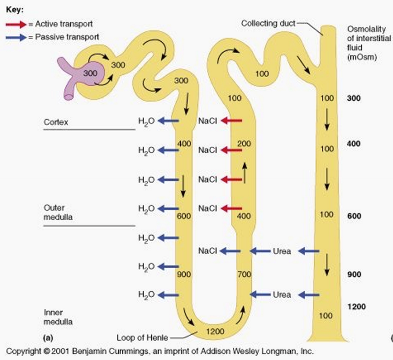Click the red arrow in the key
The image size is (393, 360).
tap(16, 24)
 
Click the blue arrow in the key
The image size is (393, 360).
tap(16, 38)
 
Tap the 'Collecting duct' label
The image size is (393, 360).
tap(268, 23)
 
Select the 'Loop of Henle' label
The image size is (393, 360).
tap(142, 338)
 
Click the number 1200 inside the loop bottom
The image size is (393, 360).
tap(215, 331)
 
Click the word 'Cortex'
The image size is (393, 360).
tap(56, 122)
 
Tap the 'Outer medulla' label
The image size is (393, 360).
tap(58, 212)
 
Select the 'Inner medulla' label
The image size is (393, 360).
tap(58, 317)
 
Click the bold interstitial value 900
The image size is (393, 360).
tap(354, 274)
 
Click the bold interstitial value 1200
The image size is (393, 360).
tap(357, 306)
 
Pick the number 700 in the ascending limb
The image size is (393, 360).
tap(244, 274)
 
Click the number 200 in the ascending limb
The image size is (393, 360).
tap(244, 144)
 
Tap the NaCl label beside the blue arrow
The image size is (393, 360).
tap(207, 251)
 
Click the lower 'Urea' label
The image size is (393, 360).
tap(282, 295)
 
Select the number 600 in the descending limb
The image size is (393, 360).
tap(184, 216)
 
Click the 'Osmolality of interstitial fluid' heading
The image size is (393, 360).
tap(369, 43)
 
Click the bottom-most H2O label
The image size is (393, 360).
tap(146, 295)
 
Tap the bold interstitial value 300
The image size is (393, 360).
tap(354, 98)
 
